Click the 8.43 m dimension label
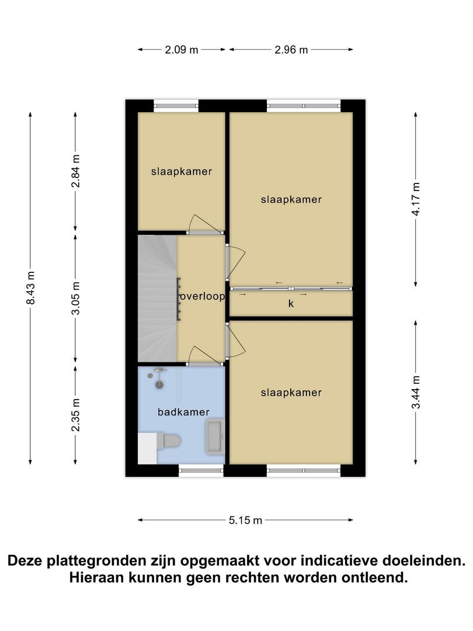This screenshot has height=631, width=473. click(31, 287)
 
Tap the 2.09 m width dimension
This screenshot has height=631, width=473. click(182, 50)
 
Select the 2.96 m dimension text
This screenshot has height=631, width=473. click(291, 50)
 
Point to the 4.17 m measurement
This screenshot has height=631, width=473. click(416, 199)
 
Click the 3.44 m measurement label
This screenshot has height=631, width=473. click(416, 392)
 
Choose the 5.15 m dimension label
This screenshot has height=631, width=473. click(245, 521)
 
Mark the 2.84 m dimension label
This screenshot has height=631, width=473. click(75, 171)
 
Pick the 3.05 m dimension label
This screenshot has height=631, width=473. click(75, 298)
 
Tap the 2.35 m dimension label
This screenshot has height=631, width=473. click(75, 415)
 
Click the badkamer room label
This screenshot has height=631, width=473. click(183, 412)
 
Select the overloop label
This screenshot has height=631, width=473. click(202, 297)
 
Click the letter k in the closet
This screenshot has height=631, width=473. click(291, 303)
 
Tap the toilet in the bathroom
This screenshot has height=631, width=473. click(168, 442)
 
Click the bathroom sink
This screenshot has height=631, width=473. click(215, 436)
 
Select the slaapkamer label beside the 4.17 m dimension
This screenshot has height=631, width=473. click(291, 200)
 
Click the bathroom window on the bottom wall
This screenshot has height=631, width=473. click(201, 470)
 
